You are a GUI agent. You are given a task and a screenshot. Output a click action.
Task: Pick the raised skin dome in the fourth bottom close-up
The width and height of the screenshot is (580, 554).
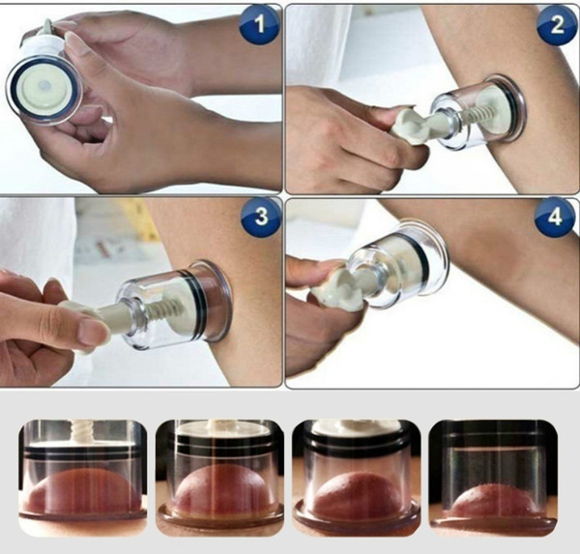tap(492, 501)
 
